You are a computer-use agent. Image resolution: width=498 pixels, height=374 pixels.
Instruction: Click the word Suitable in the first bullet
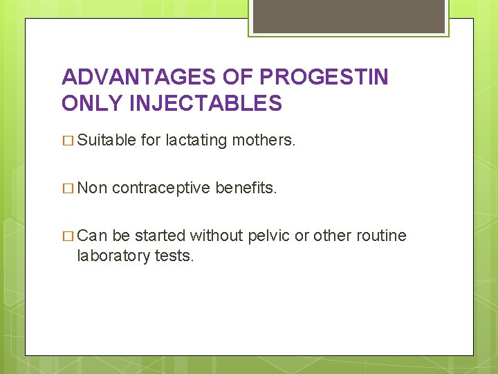(107, 141)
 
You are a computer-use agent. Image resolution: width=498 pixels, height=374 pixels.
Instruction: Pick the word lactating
(196, 141)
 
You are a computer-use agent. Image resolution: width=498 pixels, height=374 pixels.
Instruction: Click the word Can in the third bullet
(92, 235)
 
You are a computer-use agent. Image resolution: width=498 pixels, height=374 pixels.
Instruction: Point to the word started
(160, 235)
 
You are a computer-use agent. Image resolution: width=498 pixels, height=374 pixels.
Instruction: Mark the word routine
(382, 235)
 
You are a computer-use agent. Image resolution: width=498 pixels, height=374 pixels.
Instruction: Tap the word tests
(174, 256)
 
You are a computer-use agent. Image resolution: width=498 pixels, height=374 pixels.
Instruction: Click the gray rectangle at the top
(349, 16)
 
